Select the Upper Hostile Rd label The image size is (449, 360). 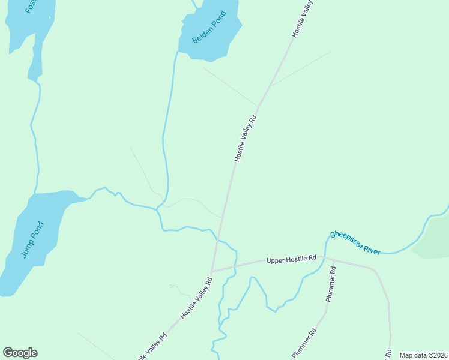(291, 259)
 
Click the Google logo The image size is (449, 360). (20, 353)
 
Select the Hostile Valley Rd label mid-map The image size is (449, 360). (246, 137)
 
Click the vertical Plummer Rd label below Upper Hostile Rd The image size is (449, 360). (331, 284)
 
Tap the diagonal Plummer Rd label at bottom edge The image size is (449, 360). (304, 344)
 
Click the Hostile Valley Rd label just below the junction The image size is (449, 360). (197, 298)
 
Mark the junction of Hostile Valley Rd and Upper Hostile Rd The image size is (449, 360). (211, 271)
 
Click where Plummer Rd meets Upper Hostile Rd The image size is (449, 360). (326, 259)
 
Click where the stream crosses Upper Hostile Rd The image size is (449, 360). (235, 266)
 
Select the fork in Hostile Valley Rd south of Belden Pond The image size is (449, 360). (270, 86)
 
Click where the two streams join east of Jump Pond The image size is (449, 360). (158, 209)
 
